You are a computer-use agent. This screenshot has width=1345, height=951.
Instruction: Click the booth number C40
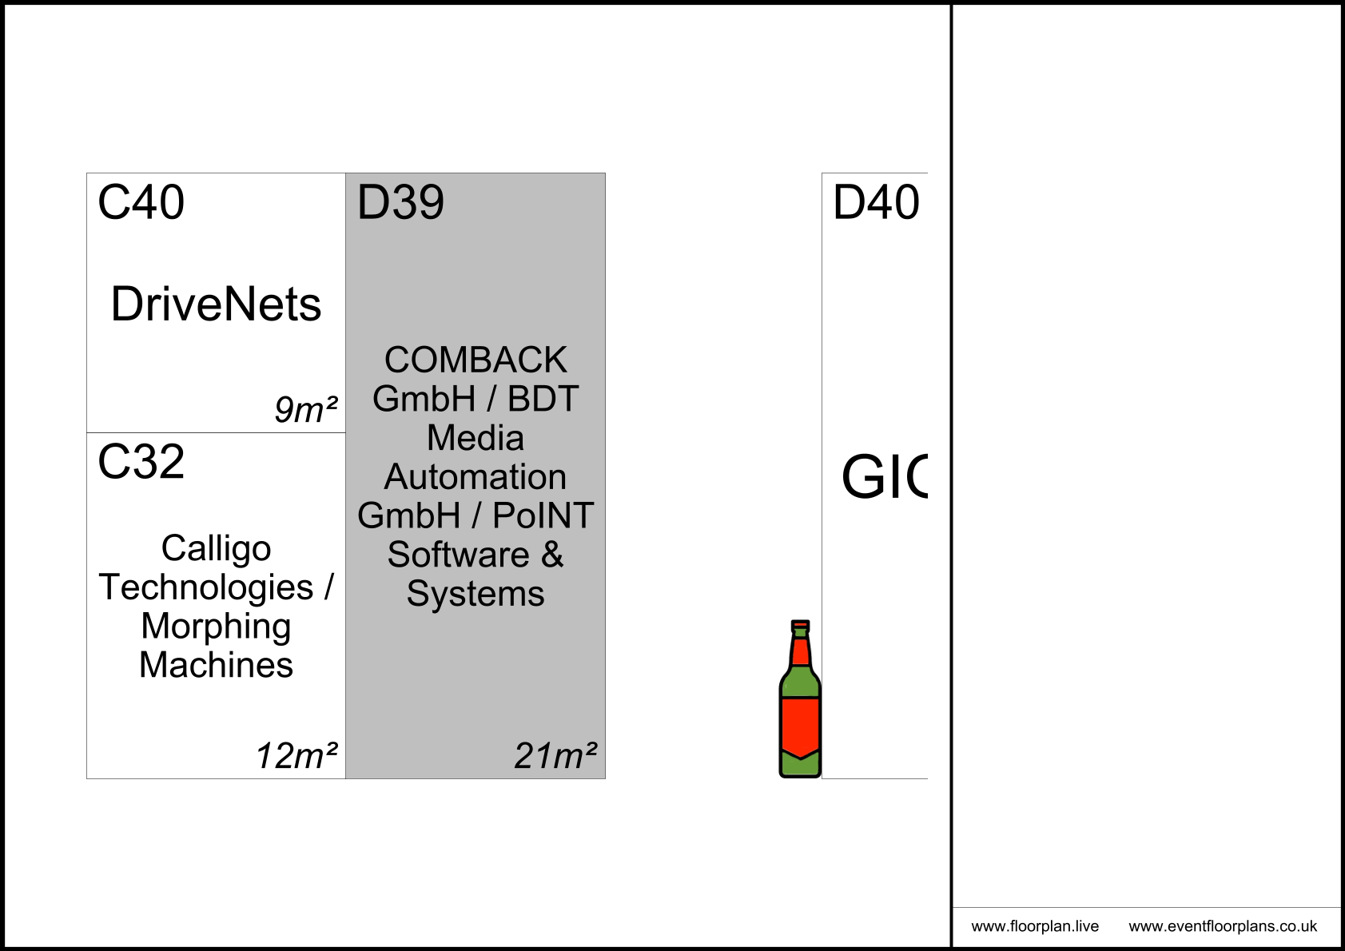(x=141, y=202)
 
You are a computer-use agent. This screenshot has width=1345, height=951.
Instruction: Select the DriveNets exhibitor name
(x=216, y=304)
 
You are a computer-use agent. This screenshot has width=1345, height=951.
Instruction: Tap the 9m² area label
(x=305, y=410)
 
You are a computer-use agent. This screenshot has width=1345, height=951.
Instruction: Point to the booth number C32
(x=141, y=462)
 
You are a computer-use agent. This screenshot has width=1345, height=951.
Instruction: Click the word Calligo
(x=216, y=548)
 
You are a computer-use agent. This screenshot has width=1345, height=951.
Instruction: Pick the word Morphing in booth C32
(x=216, y=626)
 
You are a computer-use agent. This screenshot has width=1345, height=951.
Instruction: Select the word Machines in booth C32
(x=216, y=665)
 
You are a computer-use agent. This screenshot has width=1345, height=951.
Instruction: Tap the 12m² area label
(x=296, y=756)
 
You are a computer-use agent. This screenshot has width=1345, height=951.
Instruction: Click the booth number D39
(x=400, y=202)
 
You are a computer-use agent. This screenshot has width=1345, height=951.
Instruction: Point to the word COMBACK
(x=476, y=360)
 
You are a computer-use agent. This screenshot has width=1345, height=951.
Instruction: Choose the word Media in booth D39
(x=476, y=438)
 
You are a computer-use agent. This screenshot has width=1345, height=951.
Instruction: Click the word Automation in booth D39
(x=476, y=477)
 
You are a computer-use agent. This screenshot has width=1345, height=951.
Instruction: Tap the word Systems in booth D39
(x=476, y=594)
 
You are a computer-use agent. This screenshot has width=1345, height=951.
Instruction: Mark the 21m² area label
(x=555, y=756)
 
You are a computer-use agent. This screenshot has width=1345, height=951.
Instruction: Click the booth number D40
(x=876, y=202)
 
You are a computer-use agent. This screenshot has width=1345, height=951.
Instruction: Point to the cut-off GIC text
(x=884, y=478)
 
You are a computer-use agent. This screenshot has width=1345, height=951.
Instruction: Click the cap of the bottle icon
(x=800, y=626)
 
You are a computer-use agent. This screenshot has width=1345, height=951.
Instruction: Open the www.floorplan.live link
(x=1035, y=927)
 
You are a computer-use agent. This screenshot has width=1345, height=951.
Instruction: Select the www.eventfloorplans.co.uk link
(x=1223, y=927)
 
